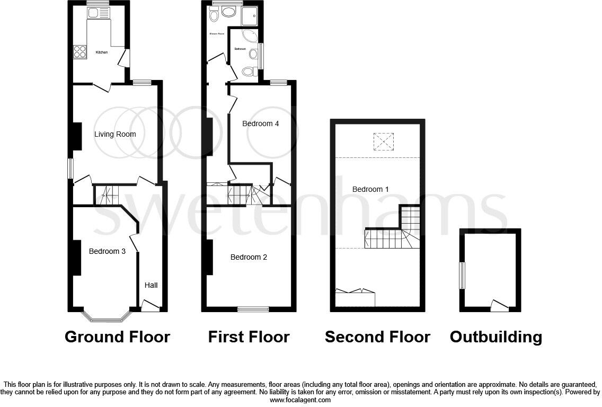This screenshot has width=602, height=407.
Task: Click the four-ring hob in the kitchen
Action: click(79, 51)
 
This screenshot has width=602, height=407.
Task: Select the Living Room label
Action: click(115, 134)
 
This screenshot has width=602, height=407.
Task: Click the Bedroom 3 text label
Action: click(107, 251)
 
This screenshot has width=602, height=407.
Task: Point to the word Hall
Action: click(151, 285)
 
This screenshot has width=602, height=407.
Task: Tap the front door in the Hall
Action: click(150, 306)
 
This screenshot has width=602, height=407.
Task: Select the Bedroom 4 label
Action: click(260, 123)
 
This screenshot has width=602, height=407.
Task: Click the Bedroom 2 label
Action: click(249, 257)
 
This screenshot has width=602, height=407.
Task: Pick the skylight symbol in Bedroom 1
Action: click(384, 141)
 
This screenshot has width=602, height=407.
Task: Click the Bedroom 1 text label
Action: click(370, 189)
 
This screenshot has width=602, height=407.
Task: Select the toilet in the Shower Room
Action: click(214, 15)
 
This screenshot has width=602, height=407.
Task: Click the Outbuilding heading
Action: click(495, 337)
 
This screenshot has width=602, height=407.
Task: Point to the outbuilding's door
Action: click(499, 305)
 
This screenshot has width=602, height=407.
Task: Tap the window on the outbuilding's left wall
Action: click(462, 276)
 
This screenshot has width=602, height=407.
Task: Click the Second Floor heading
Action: click(377, 337)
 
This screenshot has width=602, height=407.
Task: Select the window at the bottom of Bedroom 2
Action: click(253, 308)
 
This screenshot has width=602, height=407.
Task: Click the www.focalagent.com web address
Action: click(300, 400)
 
